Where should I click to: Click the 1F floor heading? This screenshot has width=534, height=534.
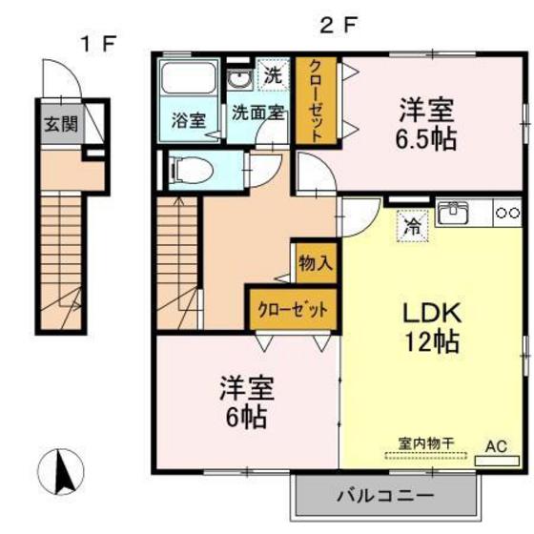coord(98,42)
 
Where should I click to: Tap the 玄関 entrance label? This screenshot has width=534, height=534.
coord(57,122)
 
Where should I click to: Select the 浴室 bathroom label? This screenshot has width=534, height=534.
coord(188,120)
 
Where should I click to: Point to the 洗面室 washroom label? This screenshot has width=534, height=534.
coord(257,112)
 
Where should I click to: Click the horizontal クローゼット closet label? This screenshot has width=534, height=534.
coord(293,310)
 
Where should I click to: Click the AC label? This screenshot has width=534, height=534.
coord(498,444)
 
